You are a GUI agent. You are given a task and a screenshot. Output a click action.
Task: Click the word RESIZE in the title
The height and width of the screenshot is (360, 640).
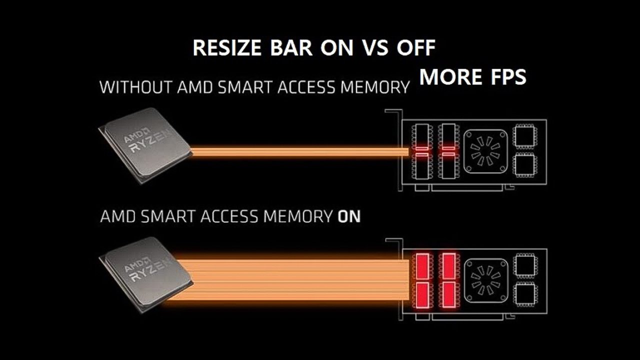pyautogui.click(x=227, y=47)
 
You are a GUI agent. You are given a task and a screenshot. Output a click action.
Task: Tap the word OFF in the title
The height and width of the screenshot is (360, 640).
pyautogui.click(x=415, y=47)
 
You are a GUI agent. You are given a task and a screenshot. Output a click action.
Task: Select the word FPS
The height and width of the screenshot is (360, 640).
pyautogui.click(x=508, y=77)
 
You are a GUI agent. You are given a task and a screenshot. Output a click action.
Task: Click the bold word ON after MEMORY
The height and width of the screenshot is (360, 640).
pyautogui.click(x=349, y=216)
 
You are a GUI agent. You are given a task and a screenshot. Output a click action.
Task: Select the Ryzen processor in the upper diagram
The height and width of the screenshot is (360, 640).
pyautogui.click(x=145, y=145)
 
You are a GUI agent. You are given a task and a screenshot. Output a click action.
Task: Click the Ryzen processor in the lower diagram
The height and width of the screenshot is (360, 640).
pyautogui.click(x=145, y=274)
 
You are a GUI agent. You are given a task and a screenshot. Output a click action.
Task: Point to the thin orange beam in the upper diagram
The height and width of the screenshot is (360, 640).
pyautogui.click(x=299, y=151)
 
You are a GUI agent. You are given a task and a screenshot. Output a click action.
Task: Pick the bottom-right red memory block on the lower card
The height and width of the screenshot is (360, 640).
pyautogui.click(x=448, y=295)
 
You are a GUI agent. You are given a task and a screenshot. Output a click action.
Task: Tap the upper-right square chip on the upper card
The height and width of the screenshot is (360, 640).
pyautogui.click(x=524, y=136)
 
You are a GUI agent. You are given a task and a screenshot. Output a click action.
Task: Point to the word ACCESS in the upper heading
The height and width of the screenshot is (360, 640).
pyautogui.click(x=306, y=87)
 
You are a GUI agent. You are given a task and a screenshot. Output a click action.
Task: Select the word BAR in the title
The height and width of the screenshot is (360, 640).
pyautogui.click(x=291, y=47)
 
